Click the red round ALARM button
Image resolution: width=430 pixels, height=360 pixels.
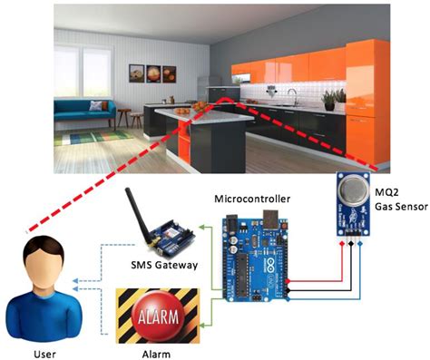click(158, 316)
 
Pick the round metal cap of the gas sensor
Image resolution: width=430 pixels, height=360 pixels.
click(350, 188)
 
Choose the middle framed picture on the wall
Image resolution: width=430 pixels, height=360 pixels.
click(154, 73)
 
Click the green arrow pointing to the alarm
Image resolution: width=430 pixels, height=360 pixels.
click(211, 316)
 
